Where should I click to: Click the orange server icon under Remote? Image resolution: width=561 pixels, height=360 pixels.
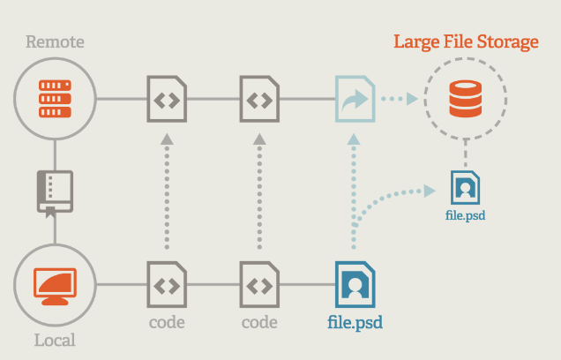pos(55,99)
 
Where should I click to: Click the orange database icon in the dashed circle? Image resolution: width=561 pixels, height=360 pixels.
pos(465,99)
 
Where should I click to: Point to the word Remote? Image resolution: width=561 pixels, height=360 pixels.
pos(55,41)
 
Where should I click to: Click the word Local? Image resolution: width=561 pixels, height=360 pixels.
pos(55,340)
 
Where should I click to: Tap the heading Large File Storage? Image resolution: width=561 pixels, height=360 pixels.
pos(465,42)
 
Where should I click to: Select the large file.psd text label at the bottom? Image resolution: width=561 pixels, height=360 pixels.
pos(355,322)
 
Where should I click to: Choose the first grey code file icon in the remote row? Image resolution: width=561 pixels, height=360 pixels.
pos(166,99)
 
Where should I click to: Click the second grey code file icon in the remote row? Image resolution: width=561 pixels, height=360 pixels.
pos(259,99)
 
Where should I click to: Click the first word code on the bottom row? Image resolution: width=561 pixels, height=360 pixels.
pos(166,322)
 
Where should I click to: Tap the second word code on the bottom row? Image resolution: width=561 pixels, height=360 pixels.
pos(259,322)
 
